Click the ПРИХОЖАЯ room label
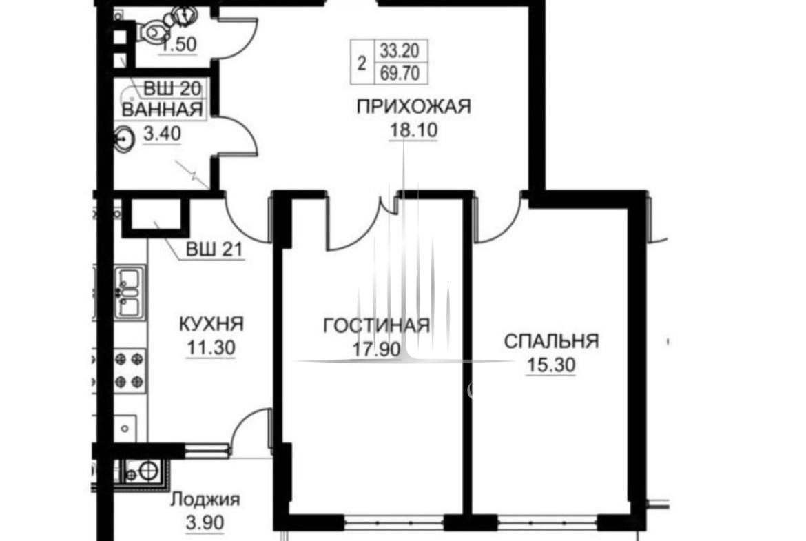(414, 106)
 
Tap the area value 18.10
(414, 130)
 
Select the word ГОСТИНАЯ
(377, 325)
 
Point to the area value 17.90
(376, 349)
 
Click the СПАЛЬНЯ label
(552, 341)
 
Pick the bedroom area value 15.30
(551, 365)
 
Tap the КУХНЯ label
(211, 324)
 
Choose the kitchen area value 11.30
(211, 347)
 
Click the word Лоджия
(205, 499)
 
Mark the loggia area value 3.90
(205, 522)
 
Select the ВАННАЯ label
(162, 110)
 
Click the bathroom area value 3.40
(162, 134)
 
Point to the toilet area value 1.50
(178, 44)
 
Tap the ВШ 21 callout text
(214, 250)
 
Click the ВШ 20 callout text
(172, 88)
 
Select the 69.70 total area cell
(400, 73)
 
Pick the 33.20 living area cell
(400, 50)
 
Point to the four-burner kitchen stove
(129, 370)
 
